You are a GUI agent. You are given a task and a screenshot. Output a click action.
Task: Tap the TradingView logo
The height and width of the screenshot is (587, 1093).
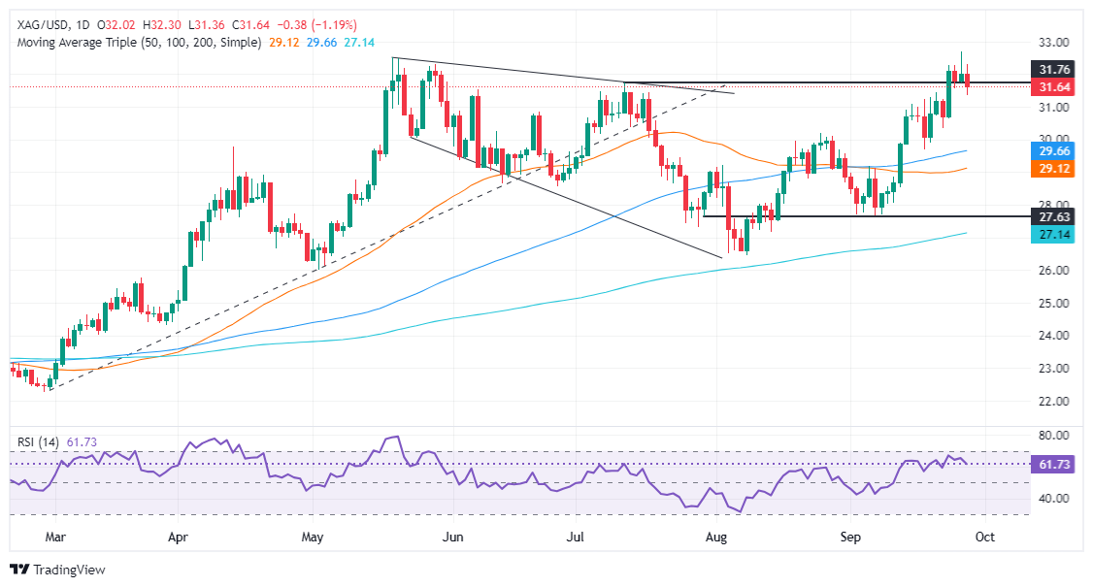(x=57, y=570)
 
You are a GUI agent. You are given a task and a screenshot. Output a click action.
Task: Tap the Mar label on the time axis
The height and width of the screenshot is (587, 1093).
(x=55, y=535)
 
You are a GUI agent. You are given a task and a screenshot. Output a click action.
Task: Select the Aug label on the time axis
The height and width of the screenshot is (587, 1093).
(x=716, y=535)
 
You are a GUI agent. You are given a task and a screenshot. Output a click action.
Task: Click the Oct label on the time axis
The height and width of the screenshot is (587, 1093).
(x=983, y=535)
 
